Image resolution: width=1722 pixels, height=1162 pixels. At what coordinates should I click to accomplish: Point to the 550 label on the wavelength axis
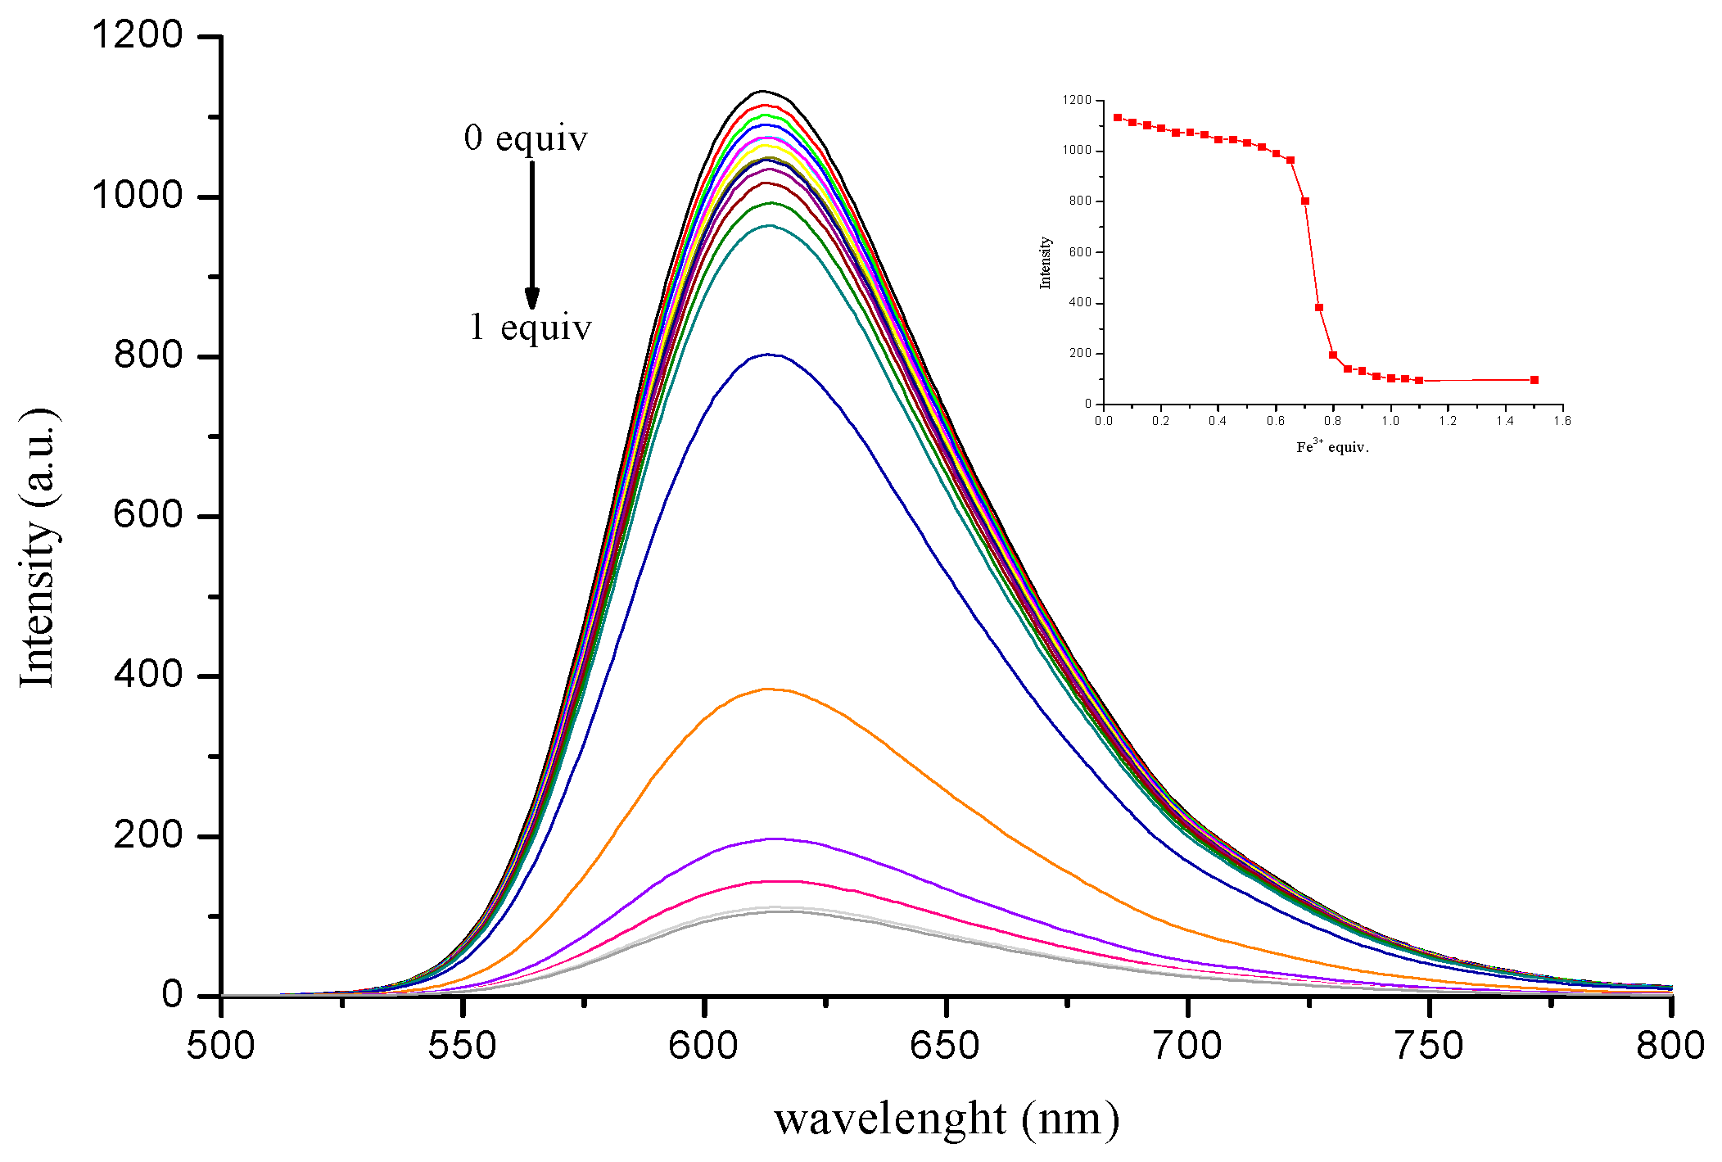[462, 1046]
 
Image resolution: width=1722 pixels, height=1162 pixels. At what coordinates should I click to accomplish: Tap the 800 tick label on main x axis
[1670, 1046]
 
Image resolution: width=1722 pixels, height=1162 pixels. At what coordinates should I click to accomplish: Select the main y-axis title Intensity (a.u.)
[38, 547]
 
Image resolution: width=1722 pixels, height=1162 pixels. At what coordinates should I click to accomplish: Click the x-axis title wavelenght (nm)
[947, 1119]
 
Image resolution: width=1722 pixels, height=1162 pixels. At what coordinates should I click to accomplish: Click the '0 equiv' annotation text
[526, 138]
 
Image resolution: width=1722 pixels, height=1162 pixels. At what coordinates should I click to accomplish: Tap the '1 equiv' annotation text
[530, 328]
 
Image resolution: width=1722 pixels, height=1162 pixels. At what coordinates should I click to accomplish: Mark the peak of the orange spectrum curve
[767, 689]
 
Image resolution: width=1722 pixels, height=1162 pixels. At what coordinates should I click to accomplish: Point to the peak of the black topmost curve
[762, 91]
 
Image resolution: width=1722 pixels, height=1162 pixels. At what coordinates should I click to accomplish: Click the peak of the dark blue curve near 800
[768, 355]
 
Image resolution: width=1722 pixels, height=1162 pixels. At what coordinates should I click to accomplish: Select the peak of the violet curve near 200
[774, 839]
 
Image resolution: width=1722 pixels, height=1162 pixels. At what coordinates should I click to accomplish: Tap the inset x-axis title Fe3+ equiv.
[1332, 447]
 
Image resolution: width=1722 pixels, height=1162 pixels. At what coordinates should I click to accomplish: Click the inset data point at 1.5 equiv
[1534, 380]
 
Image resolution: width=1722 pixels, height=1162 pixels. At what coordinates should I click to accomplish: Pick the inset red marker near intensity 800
[1305, 201]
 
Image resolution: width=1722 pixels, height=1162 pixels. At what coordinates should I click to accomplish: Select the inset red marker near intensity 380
[1319, 308]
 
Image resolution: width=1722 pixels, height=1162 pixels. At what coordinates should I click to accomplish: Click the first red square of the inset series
[1118, 117]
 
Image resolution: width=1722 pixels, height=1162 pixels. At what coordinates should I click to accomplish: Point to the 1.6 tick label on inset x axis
[1562, 421]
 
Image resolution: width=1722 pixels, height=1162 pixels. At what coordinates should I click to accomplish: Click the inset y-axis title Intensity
[1045, 263]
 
